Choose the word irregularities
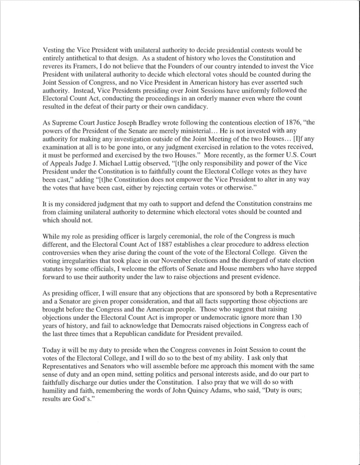[x=79, y=260]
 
